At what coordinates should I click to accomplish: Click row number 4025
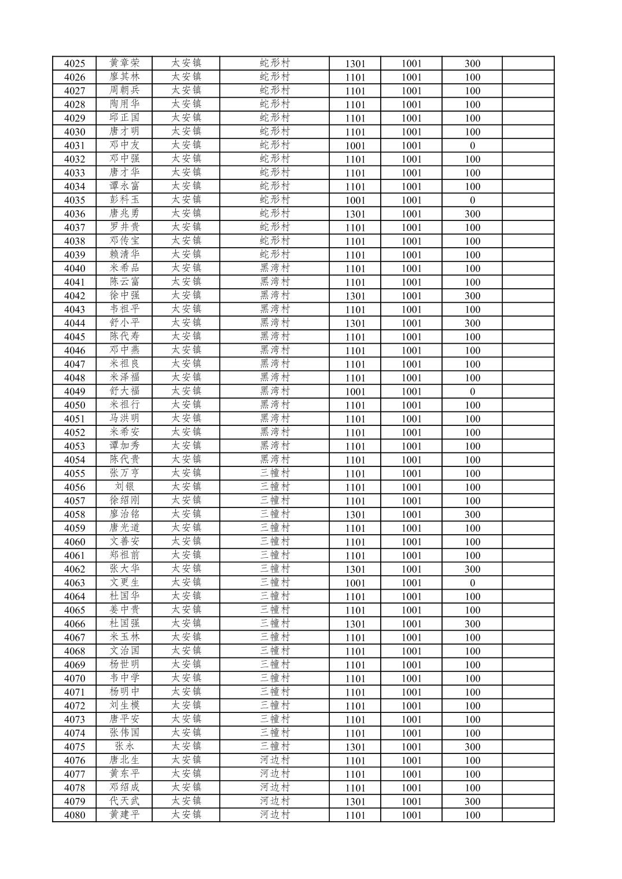click(x=74, y=64)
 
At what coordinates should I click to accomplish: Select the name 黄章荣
click(x=124, y=63)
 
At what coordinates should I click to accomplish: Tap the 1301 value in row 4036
click(x=355, y=214)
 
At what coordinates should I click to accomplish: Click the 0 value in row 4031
click(x=472, y=146)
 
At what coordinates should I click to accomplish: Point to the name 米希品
click(x=124, y=268)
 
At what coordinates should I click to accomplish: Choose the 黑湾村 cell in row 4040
click(x=274, y=268)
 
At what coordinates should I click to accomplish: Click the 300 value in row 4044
click(x=472, y=323)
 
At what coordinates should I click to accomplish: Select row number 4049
click(x=74, y=392)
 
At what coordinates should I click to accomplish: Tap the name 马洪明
click(x=124, y=418)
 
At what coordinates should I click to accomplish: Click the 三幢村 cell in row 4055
click(x=274, y=473)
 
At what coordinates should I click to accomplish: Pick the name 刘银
click(x=124, y=487)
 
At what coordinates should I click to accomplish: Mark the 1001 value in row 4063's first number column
click(x=355, y=583)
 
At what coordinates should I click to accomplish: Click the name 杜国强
click(x=124, y=623)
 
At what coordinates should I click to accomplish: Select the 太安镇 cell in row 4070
click(x=186, y=678)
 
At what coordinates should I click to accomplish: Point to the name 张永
click(x=124, y=746)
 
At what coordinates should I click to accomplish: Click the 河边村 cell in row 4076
click(x=274, y=760)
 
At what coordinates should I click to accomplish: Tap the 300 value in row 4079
click(x=472, y=801)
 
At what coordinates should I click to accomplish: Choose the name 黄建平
click(x=124, y=815)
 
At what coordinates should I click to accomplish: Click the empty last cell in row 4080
click(x=528, y=815)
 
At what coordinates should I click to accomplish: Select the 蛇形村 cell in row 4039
click(x=274, y=254)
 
